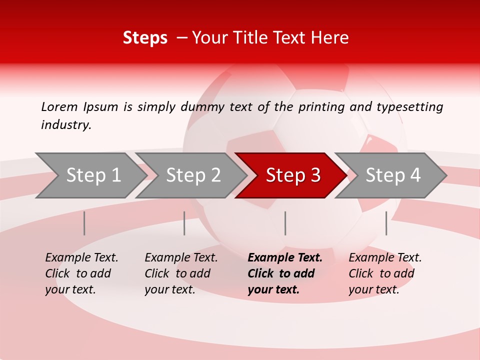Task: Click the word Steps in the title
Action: (x=145, y=38)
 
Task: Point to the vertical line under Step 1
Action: (x=84, y=223)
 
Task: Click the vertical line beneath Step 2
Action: (x=184, y=223)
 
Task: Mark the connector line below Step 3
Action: (x=285, y=223)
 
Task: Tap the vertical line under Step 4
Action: (x=386, y=223)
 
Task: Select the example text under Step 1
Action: (x=81, y=273)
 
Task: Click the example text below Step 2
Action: (x=181, y=273)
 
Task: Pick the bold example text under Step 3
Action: (x=284, y=273)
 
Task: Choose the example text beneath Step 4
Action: (x=385, y=273)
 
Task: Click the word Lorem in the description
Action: (x=59, y=107)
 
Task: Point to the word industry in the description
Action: (x=66, y=125)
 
